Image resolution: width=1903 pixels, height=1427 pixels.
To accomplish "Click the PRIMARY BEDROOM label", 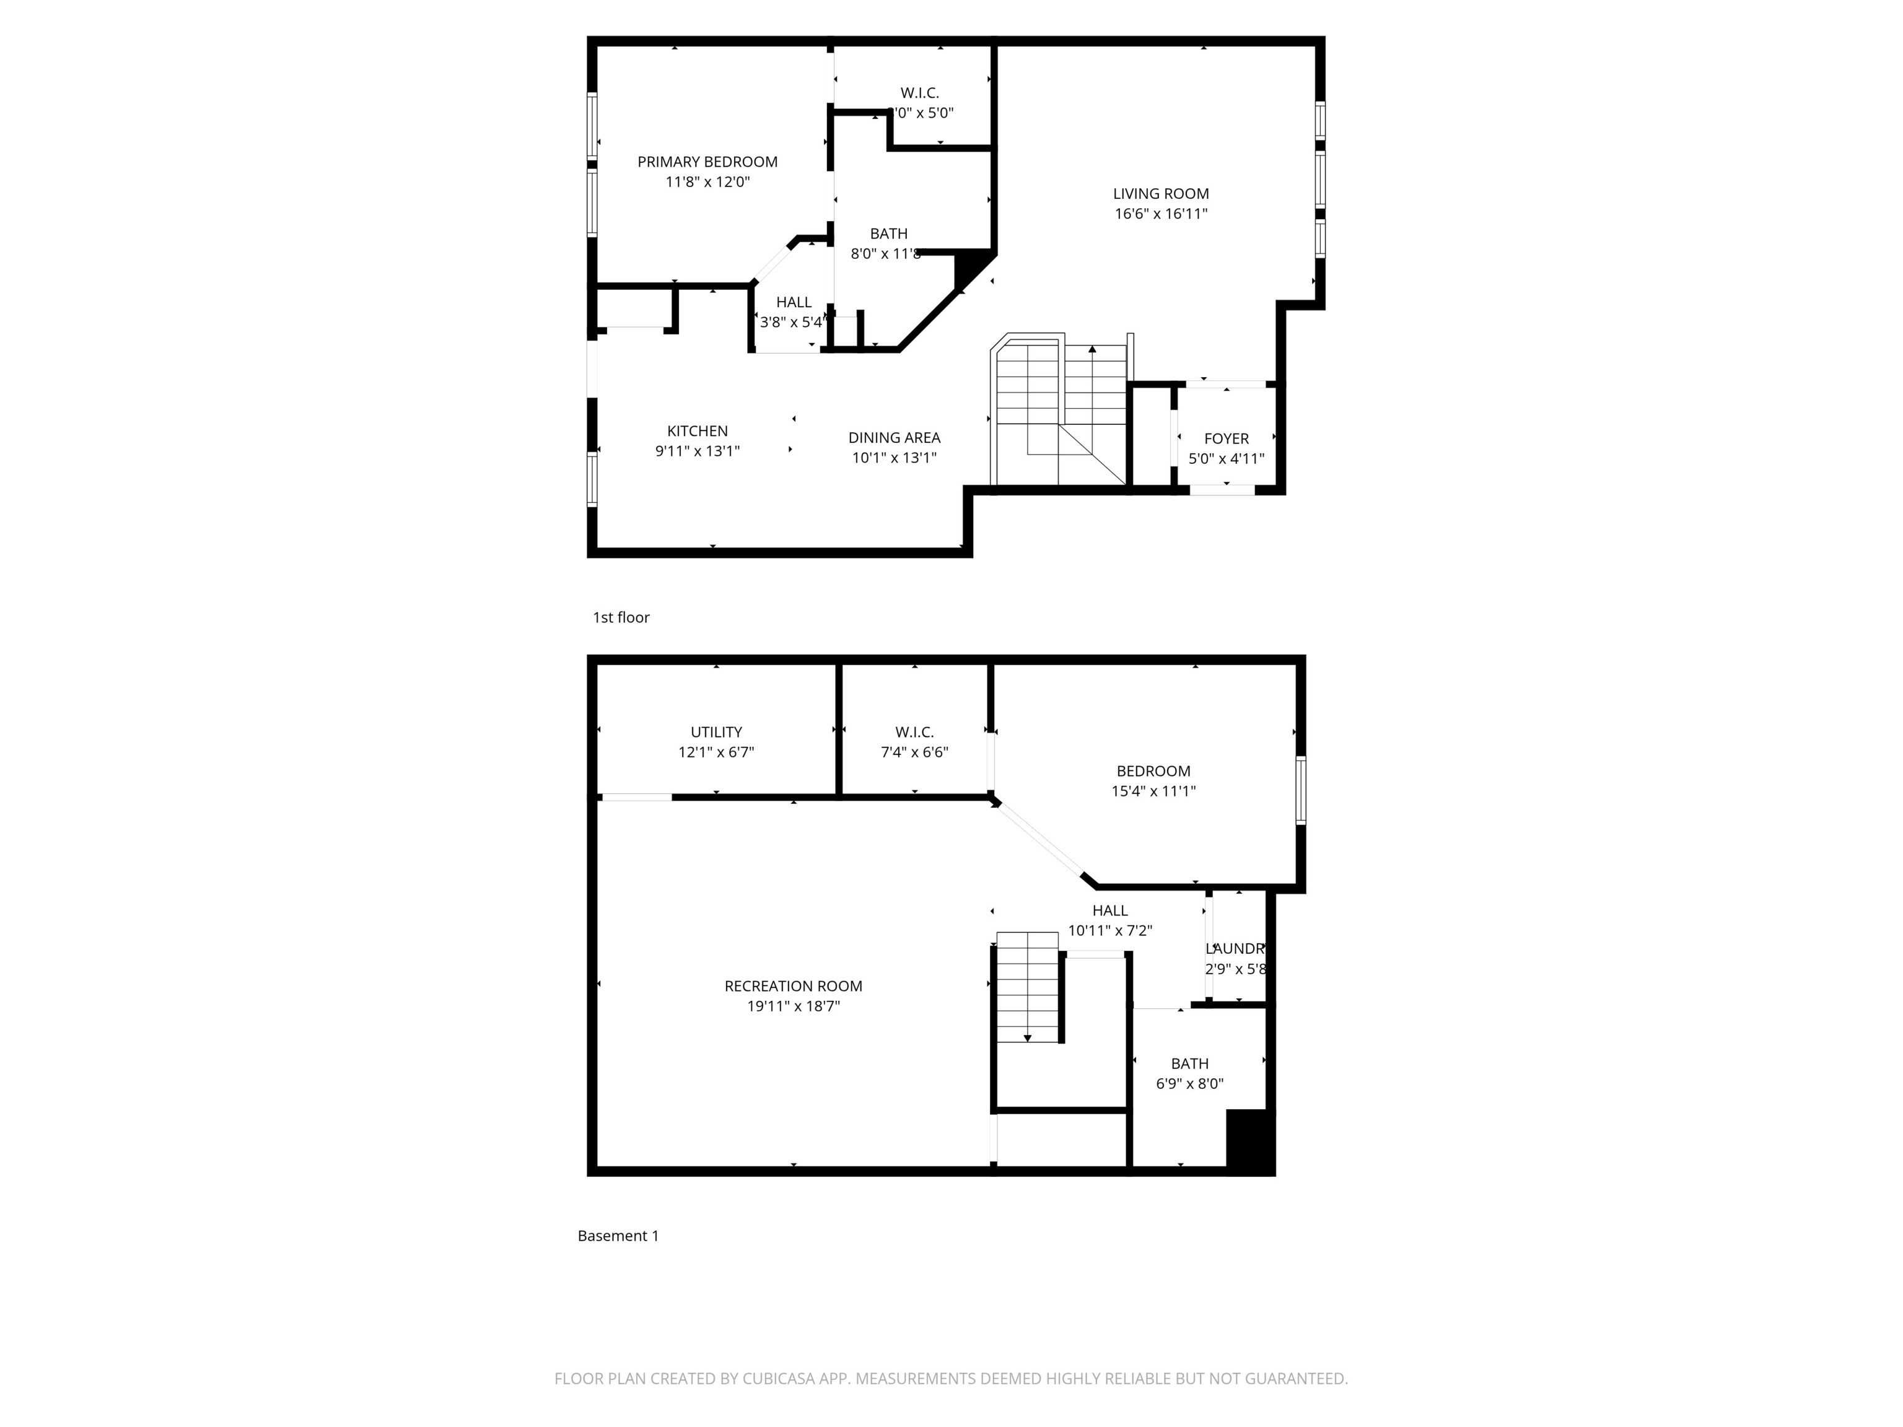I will (x=707, y=162).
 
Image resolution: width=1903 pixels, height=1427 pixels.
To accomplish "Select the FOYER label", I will (x=1226, y=439).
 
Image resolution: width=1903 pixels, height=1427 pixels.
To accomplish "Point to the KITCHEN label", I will (x=697, y=431).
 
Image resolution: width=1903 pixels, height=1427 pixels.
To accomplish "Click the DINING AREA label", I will (x=894, y=438).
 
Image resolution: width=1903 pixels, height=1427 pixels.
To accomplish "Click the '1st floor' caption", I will (x=620, y=617).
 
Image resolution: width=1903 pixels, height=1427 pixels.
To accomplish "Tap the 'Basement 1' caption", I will (x=618, y=1236).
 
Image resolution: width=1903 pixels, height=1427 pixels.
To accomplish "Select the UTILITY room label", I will (x=715, y=732).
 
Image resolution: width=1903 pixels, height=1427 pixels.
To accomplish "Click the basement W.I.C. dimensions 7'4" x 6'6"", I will (x=914, y=753).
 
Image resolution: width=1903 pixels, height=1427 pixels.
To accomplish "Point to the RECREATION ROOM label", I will (x=792, y=987).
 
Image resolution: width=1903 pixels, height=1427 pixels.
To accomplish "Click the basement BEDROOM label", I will (x=1153, y=772).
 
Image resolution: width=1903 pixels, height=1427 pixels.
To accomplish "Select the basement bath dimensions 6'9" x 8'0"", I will (x=1189, y=1084).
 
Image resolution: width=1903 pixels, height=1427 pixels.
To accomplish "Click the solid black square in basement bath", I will (x=1249, y=1141).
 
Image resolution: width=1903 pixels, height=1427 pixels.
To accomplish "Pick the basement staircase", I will (x=1027, y=987).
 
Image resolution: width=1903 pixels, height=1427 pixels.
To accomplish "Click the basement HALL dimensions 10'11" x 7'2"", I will (x=1110, y=931).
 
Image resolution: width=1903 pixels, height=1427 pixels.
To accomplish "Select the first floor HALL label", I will (x=793, y=303).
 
